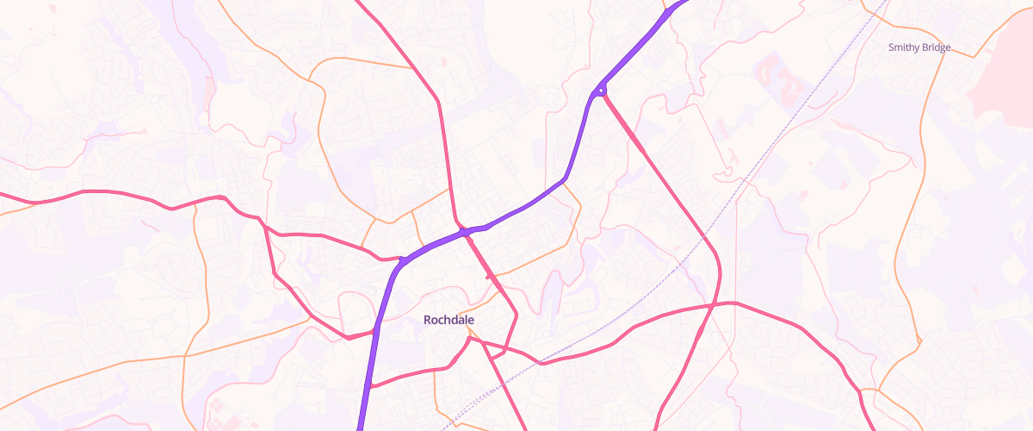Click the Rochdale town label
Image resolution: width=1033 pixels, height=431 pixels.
448,320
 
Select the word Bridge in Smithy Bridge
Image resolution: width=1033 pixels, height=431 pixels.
936,47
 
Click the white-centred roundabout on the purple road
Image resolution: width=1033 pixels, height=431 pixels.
601,90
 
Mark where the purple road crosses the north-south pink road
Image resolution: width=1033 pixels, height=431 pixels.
463,232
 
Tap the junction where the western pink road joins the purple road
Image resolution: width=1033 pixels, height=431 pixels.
401,259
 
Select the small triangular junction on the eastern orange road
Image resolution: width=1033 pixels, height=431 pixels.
919,340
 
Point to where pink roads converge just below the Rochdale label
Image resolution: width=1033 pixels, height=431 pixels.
468,339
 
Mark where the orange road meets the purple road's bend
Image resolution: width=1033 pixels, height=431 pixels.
564,179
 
